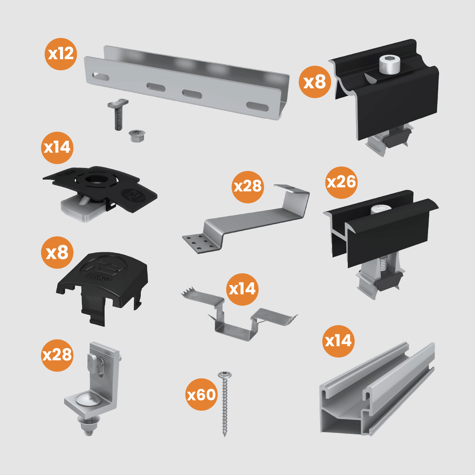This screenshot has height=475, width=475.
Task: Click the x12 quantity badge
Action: (x=61, y=54)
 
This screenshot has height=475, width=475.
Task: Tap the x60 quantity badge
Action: (x=202, y=394)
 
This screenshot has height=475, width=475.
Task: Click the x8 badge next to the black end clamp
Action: (x=315, y=82)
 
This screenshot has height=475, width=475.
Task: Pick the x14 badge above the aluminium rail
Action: (x=338, y=341)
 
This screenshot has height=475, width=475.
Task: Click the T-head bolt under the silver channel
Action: (x=118, y=114)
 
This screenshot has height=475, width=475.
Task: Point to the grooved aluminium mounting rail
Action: (x=378, y=391)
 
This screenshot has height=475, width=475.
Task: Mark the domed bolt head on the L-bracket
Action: (x=85, y=400)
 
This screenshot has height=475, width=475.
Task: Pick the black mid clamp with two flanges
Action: (x=381, y=233)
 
